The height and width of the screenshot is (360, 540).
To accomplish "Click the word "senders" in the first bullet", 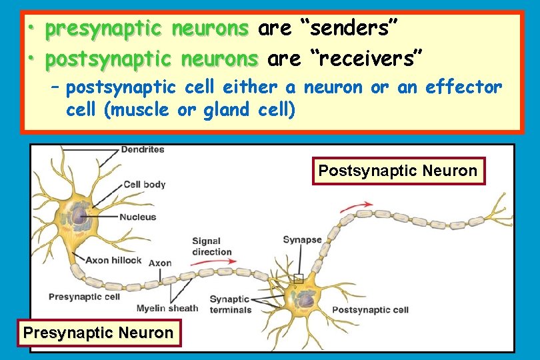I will click(351, 29).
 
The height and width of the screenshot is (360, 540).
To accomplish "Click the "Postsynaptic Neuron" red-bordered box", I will click(398, 171).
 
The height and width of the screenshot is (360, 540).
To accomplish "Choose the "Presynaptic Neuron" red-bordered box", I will click(98, 333).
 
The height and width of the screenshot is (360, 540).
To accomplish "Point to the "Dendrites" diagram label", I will click(143, 150).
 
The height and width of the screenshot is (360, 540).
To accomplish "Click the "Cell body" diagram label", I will click(145, 184).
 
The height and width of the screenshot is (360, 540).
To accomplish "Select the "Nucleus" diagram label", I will click(138, 217).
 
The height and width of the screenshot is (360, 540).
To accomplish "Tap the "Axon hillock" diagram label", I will click(113, 260).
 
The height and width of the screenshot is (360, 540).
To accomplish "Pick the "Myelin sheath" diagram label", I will click(167, 308).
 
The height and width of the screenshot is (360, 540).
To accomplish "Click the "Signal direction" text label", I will click(211, 247).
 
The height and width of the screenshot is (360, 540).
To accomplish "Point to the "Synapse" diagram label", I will click(302, 240).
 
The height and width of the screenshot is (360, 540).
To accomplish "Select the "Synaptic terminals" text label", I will click(230, 305).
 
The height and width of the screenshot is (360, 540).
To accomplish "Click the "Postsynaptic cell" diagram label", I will click(370, 309).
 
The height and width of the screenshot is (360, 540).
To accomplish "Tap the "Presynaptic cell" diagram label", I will click(84, 297).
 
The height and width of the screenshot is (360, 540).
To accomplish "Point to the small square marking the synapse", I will click(298, 279).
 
